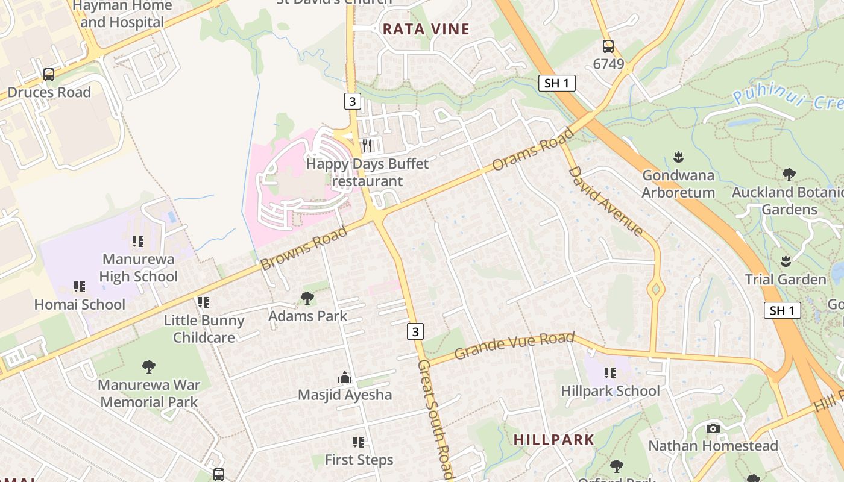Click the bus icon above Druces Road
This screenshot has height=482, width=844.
pyautogui.click(x=49, y=75)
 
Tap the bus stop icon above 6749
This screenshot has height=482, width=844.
pyautogui.click(x=608, y=46)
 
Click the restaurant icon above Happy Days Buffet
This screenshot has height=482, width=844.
pyautogui.click(x=367, y=146)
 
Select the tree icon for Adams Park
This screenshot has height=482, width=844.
pyautogui.click(x=307, y=298)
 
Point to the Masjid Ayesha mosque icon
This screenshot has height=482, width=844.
pyautogui.click(x=345, y=378)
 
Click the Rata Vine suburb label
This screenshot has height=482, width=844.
pyautogui.click(x=426, y=29)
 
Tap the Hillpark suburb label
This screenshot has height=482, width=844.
pyautogui.click(x=554, y=440)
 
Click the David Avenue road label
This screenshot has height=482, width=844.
pyautogui.click(x=605, y=200)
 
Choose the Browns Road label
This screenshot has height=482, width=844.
pyautogui.click(x=304, y=248)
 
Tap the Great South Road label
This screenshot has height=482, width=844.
pyautogui.click(x=435, y=420)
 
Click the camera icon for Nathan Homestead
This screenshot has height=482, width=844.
pyautogui.click(x=713, y=428)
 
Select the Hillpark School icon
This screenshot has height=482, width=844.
pyautogui.click(x=610, y=374)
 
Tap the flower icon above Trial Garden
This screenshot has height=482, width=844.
pyautogui.click(x=786, y=261)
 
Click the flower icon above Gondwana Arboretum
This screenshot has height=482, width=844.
pyautogui.click(x=678, y=158)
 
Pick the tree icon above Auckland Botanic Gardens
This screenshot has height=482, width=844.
pyautogui.click(x=789, y=175)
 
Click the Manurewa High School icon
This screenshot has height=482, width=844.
pyautogui.click(x=138, y=242)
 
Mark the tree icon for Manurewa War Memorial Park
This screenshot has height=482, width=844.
pyautogui.click(x=148, y=366)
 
